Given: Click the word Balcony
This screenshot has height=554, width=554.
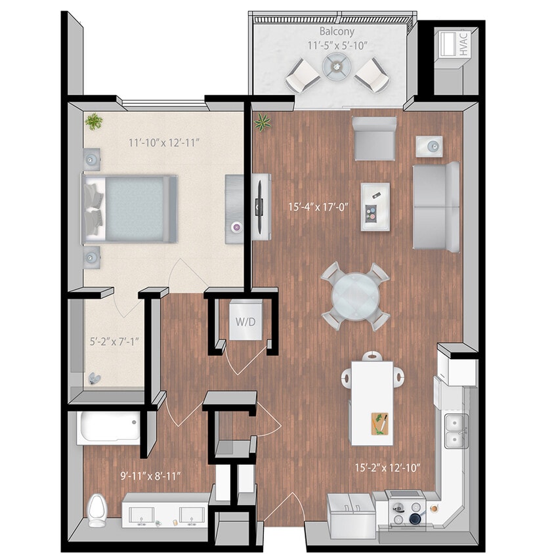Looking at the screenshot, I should [337, 32].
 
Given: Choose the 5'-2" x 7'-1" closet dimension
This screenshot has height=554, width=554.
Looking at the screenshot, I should [114, 341].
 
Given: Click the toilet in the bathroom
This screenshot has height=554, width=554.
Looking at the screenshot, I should [96, 509].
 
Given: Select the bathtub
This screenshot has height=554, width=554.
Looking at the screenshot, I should [108, 428].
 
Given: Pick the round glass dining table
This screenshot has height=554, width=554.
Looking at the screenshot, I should [354, 296].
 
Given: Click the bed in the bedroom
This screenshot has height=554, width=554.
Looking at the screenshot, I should [130, 208].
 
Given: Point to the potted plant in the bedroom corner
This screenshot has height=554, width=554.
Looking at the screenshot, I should [95, 121].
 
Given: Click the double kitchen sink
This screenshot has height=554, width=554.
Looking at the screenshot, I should [454, 431].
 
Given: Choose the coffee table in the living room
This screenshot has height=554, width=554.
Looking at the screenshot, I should [375, 206].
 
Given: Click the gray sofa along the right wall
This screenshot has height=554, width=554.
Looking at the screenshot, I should [435, 205].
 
